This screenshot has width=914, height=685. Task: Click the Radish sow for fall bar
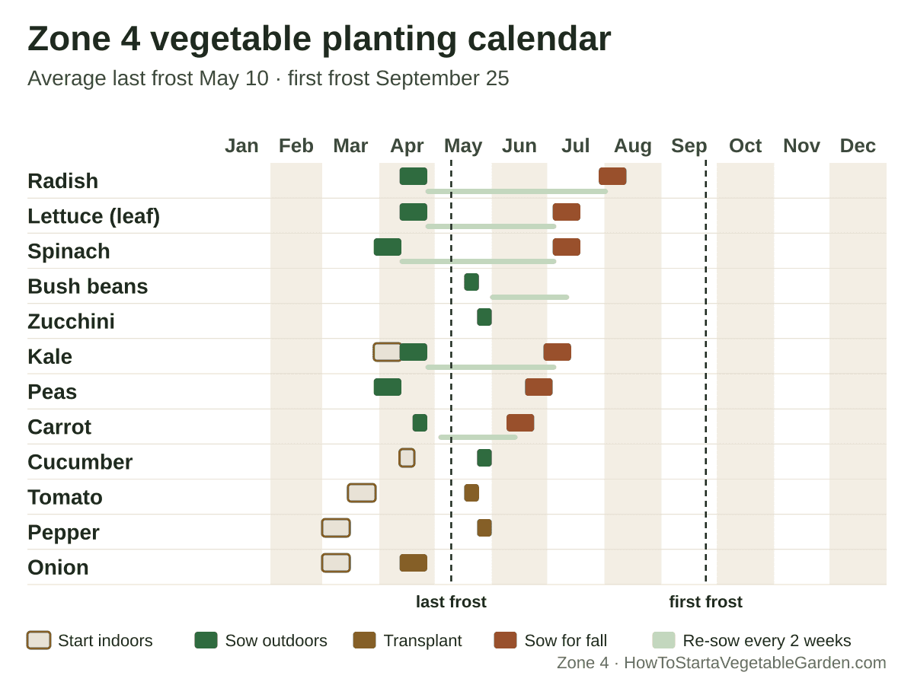[x=612, y=176]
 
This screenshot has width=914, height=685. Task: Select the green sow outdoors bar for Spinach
[x=387, y=247]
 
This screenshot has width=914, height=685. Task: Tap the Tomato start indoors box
[x=362, y=493]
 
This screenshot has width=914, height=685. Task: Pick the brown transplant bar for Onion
[x=413, y=562]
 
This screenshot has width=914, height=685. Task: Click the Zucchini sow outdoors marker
[x=484, y=317]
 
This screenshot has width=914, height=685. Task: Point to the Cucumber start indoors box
[x=407, y=458]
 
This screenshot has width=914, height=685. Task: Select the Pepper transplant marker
[x=484, y=527]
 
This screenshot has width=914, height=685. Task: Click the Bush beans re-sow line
[x=529, y=298]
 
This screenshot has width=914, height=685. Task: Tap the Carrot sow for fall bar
[x=520, y=422]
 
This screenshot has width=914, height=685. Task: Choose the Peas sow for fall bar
[x=538, y=387]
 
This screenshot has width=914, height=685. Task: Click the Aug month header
[x=632, y=146]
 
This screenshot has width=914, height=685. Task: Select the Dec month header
[x=858, y=146]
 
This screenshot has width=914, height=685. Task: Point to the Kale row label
[x=50, y=357]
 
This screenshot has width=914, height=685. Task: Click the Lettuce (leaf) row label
[x=94, y=216]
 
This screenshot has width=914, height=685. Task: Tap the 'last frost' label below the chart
[x=451, y=602]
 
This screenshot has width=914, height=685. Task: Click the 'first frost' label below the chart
[x=705, y=602]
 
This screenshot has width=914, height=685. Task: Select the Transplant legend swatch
[x=364, y=641]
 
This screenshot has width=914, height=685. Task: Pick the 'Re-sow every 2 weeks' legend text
[x=766, y=641]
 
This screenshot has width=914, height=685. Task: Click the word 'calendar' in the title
[x=539, y=39]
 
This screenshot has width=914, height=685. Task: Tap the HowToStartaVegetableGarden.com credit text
[x=755, y=663]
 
